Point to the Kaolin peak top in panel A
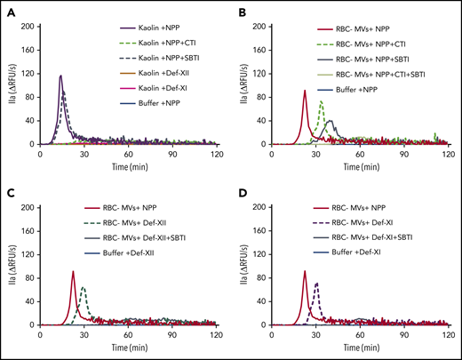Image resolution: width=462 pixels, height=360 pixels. point(60,76)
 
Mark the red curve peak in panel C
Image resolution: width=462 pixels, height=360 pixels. point(73,272)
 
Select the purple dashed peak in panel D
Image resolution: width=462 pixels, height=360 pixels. point(315,284)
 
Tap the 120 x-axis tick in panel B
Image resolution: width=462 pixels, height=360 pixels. point(441,151)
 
